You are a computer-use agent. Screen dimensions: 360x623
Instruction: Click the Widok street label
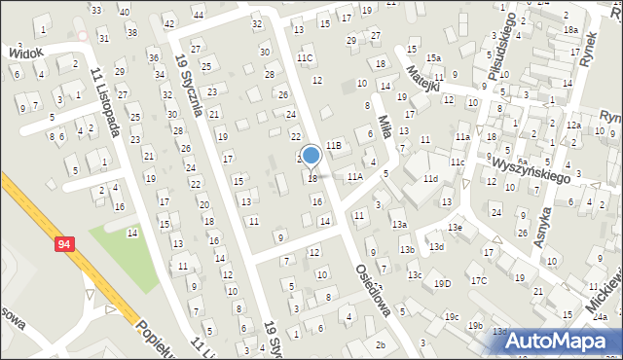click(25, 52)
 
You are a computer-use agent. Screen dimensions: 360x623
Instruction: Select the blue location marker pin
click(311, 157)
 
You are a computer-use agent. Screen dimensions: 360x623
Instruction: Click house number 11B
click(334, 144)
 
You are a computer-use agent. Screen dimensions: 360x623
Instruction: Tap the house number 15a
click(433, 58)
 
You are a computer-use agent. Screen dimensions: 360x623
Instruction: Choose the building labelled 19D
click(443, 283)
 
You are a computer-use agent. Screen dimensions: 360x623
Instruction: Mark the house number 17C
click(479, 280)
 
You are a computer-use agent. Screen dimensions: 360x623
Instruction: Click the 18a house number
click(569, 30)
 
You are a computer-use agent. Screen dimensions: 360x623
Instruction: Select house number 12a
click(574, 126)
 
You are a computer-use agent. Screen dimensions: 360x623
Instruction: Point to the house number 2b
click(381, 345)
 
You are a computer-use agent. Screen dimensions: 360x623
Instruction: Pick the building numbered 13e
click(455, 227)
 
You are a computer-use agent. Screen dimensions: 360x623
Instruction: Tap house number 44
click(199, 16)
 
